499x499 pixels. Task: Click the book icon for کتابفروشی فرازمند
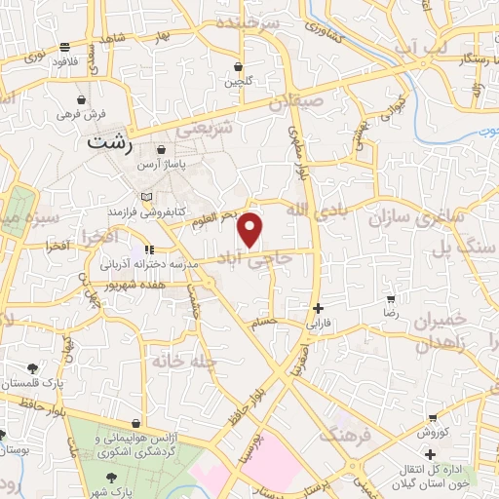pyautogui.click(x=118, y=210)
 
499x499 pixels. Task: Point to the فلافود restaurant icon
pyautogui.click(x=64, y=46)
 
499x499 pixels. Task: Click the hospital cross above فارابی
pyautogui.click(x=318, y=307)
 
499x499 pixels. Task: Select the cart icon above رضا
pyautogui.click(x=391, y=300)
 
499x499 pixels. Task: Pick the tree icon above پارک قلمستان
pyautogui.click(x=32, y=369)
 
